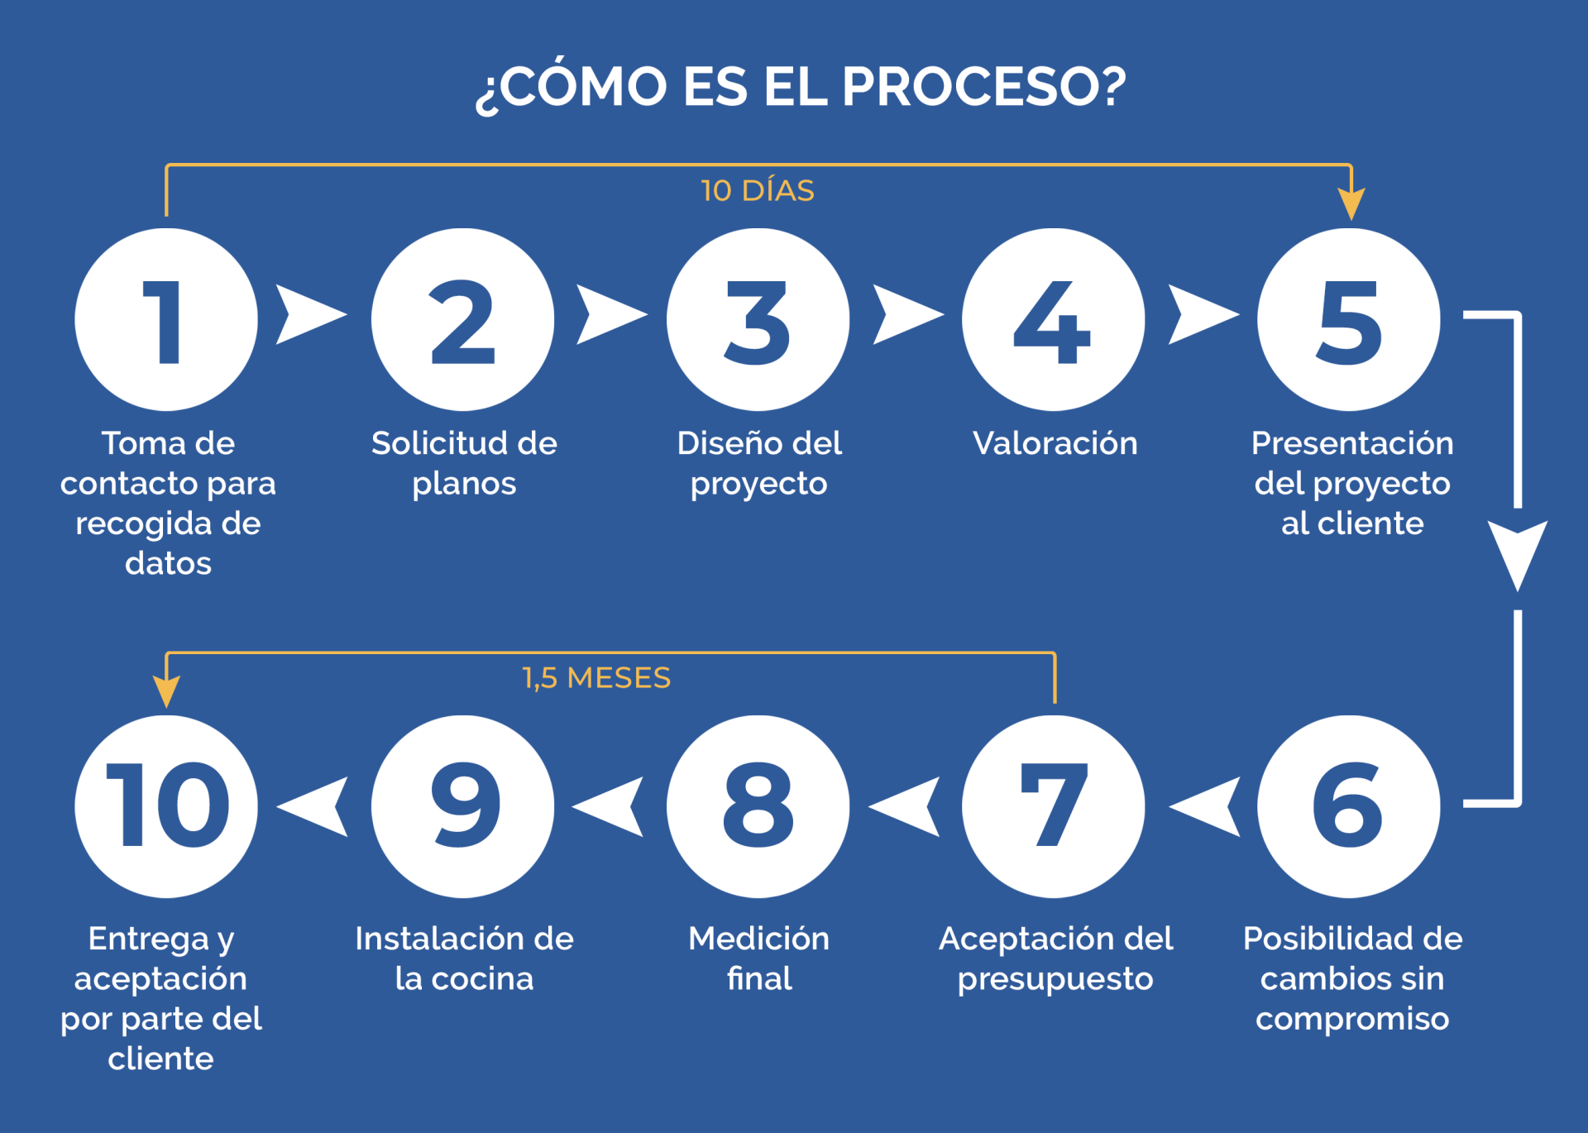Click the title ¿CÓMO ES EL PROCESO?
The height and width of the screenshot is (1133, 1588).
coord(800,87)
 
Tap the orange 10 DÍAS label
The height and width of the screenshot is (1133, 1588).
coord(757,191)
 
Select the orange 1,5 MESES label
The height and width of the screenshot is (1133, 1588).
coord(596,678)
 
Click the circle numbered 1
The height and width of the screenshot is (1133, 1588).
coord(166,320)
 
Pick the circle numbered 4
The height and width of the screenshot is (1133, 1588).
coord(1053,320)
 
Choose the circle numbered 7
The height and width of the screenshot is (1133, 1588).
coord(1053,806)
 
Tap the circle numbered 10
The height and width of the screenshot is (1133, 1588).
coord(166,806)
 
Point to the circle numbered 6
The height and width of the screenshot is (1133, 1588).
coord(1348,806)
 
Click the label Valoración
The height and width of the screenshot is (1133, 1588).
coord(1055,443)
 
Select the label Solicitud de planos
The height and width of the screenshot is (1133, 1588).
coord(464,463)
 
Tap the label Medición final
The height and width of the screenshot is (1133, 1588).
coord(758,959)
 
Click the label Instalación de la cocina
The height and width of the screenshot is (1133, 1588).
coord(464,959)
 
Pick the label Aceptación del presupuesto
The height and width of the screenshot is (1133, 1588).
coord(1055,959)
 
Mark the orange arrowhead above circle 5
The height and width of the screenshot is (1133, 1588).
coord(1351,203)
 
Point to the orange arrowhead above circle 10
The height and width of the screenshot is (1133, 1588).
coord(166,691)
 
